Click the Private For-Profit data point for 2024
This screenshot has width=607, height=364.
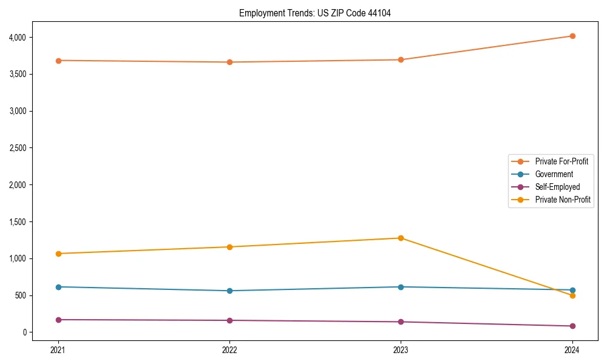tap(572, 36)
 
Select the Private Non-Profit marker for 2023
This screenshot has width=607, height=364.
tap(401, 238)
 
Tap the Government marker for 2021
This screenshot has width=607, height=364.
tap(58, 287)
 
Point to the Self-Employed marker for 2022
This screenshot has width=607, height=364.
tap(229, 320)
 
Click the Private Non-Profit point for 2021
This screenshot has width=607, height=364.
tap(58, 254)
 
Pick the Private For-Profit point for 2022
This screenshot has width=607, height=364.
tap(229, 62)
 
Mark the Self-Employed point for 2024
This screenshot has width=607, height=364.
tap(572, 326)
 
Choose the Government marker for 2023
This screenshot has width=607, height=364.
tap(401, 287)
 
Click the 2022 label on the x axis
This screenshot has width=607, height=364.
tap(229, 349)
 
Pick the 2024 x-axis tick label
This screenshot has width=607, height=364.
tap(572, 349)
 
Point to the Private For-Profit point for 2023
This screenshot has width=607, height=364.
tap(401, 59)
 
